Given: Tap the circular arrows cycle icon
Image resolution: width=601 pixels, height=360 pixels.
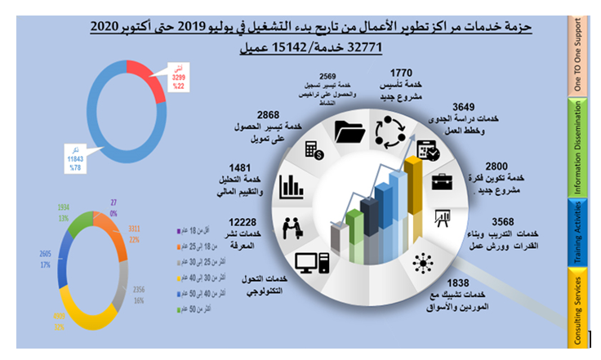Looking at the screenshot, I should (387, 131).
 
